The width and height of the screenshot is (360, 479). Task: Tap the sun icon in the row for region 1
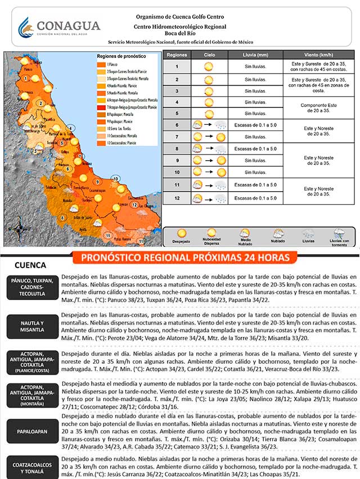209,66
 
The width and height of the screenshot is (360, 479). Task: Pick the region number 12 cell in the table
177,198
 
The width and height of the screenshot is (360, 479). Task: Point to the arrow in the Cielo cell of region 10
209,172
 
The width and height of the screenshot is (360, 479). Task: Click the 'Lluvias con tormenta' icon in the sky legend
339,233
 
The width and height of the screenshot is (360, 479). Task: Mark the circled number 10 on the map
116,179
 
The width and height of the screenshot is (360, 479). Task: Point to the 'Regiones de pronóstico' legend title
121,57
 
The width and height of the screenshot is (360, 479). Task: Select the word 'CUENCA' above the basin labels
30,265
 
